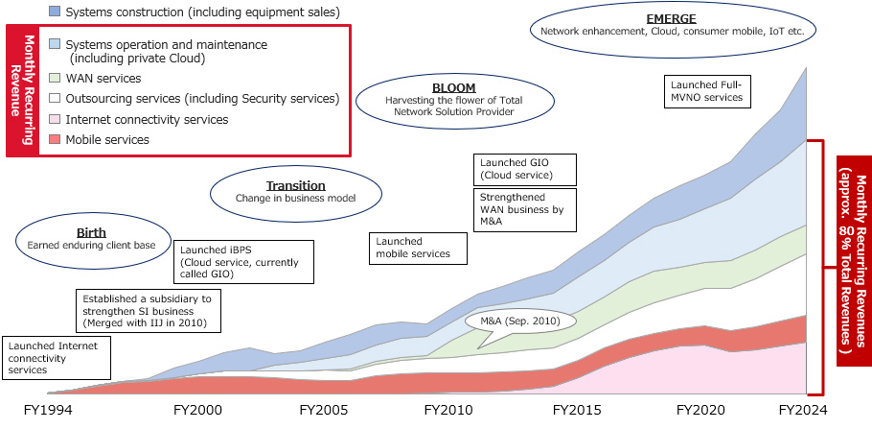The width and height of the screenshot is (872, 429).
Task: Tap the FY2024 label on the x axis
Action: click(802, 410)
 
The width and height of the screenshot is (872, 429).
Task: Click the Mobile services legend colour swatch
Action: click(55, 140)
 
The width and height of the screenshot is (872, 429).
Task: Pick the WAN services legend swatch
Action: click(55, 77)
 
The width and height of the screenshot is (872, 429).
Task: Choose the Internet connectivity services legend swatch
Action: click(55, 120)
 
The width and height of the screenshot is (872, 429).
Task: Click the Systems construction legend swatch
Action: click(55, 12)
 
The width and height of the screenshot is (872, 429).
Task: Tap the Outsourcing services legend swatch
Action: click(55, 98)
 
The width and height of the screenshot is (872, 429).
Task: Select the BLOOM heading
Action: click(453, 87)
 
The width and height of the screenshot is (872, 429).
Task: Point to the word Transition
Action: click(295, 185)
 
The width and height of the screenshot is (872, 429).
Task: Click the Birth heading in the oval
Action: click(91, 232)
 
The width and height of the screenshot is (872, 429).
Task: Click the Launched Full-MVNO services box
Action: click(706, 90)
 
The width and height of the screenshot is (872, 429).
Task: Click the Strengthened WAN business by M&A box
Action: click(525, 208)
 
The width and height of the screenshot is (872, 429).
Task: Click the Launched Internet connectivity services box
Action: click(56, 356)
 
